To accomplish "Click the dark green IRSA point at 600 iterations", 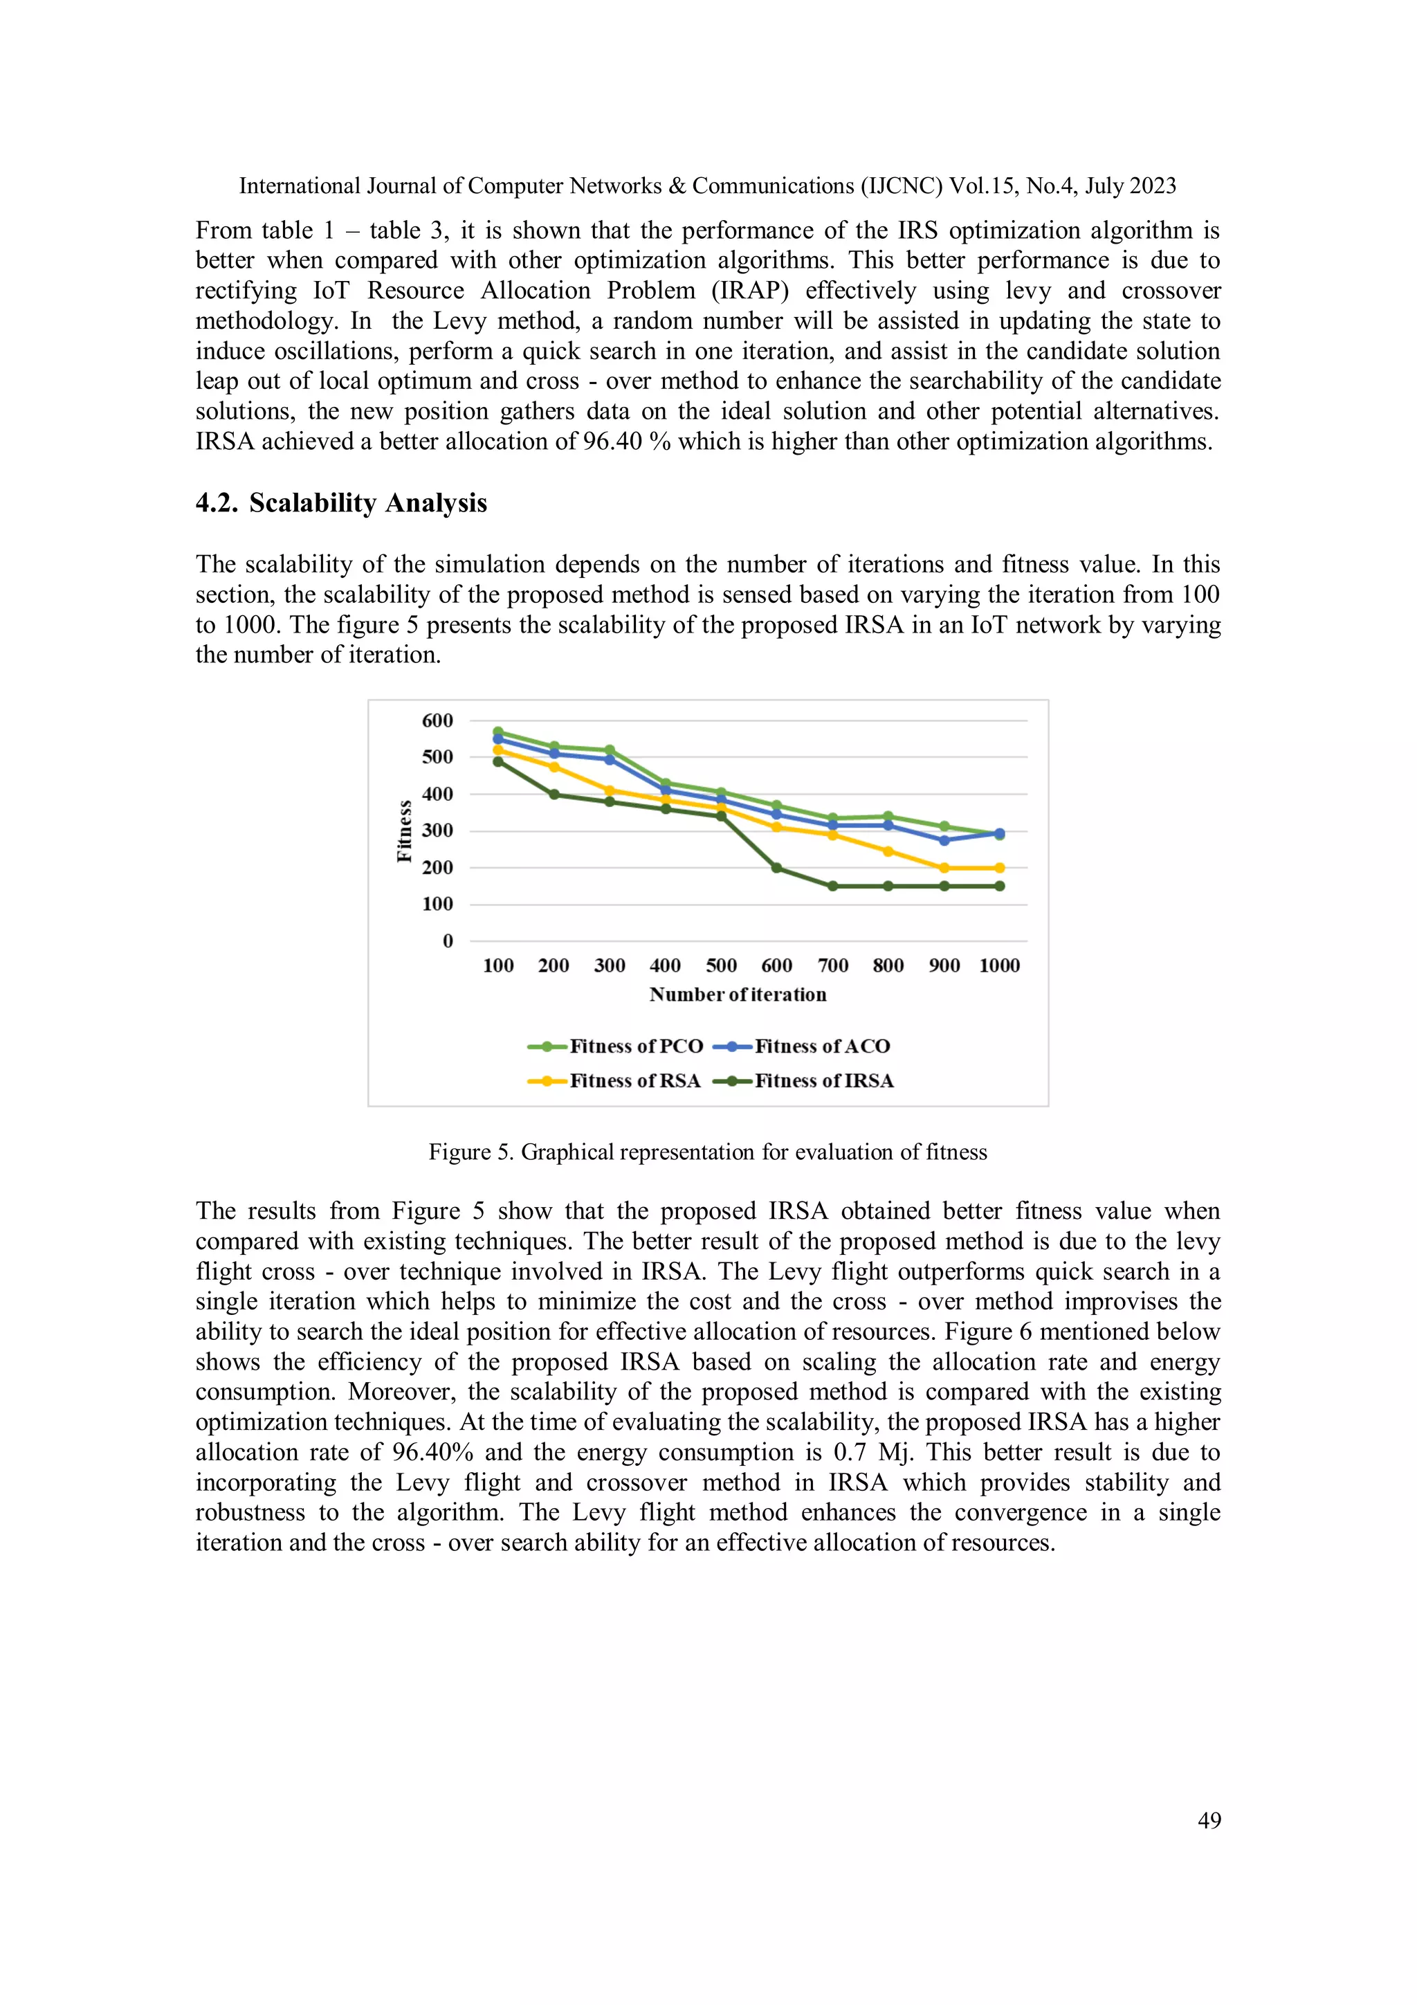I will [776, 868].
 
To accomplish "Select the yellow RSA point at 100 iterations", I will [497, 750].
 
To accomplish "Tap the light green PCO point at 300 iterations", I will [610, 750].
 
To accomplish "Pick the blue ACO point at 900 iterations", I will [944, 840].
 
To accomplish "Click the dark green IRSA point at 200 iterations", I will [554, 795].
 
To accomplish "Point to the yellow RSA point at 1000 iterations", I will [1000, 868].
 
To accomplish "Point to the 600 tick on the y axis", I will [437, 720].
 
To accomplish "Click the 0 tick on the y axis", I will [448, 941].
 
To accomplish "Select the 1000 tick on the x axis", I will [1000, 966].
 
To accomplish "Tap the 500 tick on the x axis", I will [721, 966].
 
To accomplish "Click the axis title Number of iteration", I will [738, 995].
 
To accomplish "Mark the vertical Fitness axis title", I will [404, 831].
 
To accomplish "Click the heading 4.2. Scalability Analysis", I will [341, 503].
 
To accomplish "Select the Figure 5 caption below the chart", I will [707, 1153].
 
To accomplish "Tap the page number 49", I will [1209, 1820].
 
